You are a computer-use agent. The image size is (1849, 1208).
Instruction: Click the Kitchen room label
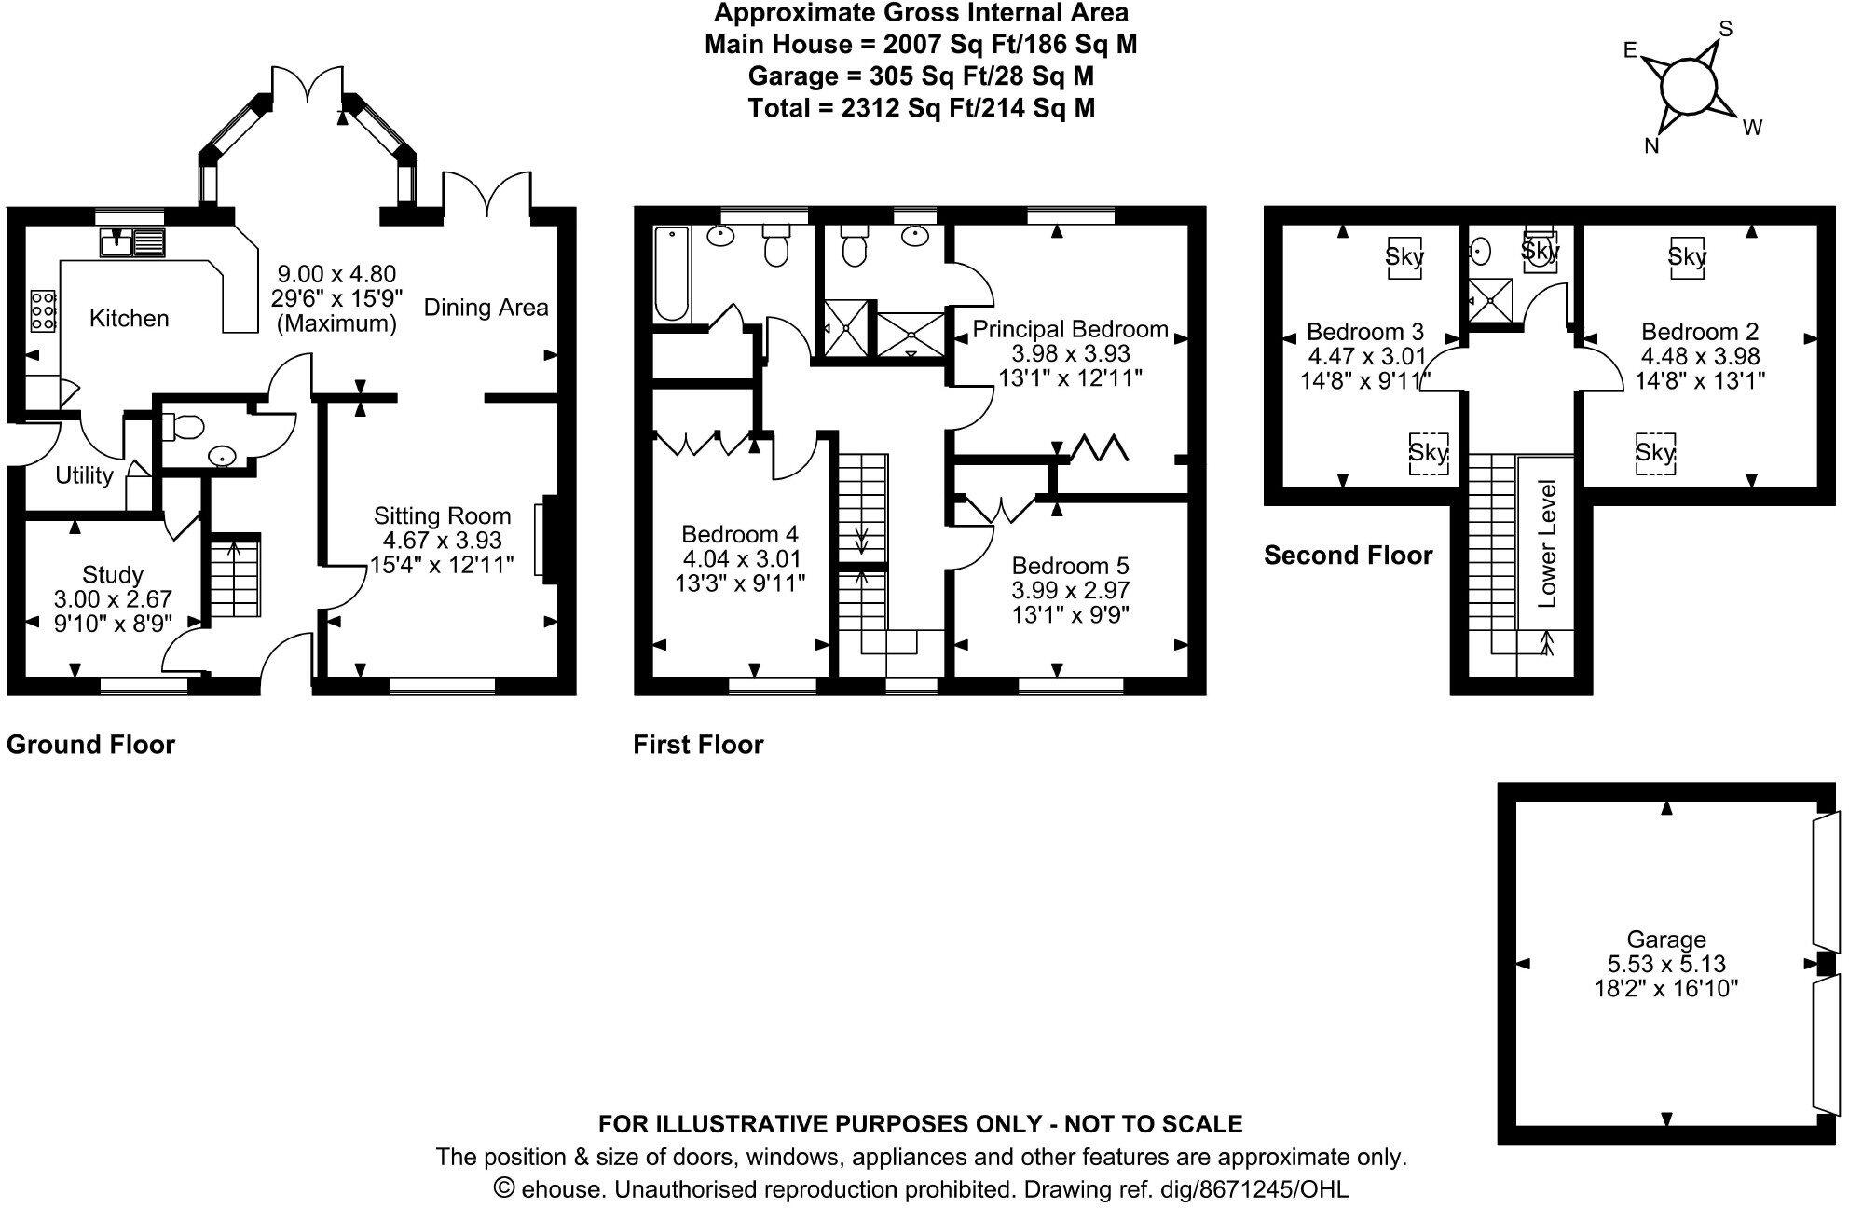pos(129,319)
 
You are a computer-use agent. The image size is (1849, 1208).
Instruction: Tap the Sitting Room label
pos(442,516)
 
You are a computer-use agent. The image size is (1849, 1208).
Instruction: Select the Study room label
pos(113,574)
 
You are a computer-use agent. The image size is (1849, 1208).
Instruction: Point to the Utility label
pos(84,475)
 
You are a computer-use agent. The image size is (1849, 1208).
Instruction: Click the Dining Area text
pos(486,308)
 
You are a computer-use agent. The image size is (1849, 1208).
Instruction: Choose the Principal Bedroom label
pos(1070,329)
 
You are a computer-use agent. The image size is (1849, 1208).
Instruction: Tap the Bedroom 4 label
pos(740,534)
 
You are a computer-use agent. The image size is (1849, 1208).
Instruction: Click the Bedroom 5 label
pos(1070,566)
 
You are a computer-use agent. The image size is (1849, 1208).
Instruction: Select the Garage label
pos(1666,940)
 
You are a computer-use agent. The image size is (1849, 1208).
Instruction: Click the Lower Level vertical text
pos(1547,543)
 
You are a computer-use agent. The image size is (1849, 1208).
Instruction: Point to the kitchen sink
pos(131,242)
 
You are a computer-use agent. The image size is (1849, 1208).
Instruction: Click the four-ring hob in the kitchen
pos(43,309)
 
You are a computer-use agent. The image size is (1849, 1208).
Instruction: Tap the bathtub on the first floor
pos(671,274)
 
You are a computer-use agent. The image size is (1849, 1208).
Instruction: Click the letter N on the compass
pos(1652,145)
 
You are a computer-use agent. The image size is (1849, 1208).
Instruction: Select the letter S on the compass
pos(1725,29)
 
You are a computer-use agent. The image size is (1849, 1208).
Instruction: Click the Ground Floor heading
pos(90,745)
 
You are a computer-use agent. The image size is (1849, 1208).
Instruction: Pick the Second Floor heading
pos(1348,556)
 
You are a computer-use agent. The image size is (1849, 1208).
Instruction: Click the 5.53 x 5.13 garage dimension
pos(1666,964)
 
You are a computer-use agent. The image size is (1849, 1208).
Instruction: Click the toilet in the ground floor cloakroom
pos(184,428)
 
